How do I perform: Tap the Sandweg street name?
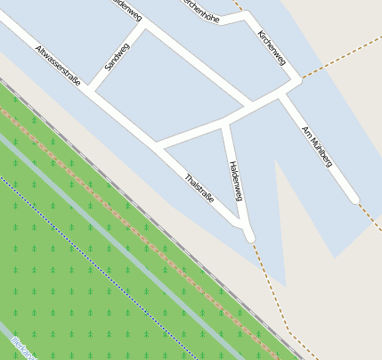[x=117, y=57]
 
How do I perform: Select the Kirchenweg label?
[x=271, y=47]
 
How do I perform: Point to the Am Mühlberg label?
[x=317, y=146]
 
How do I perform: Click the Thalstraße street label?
[x=199, y=187]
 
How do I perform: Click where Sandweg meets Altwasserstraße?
[x=93, y=90]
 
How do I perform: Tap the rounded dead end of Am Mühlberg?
[x=354, y=199]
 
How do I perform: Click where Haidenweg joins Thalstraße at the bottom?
[x=248, y=234]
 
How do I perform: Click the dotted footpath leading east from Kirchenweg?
[x=338, y=59]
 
